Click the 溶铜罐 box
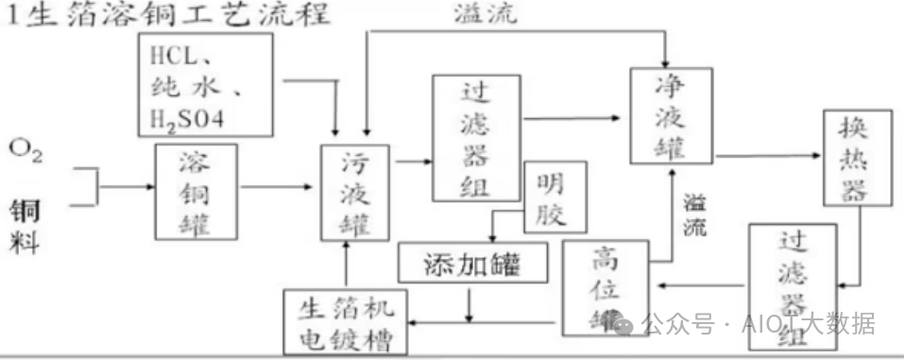(196, 191)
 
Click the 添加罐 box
(473, 264)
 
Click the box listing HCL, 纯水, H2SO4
(203, 81)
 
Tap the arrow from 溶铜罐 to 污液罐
(279, 187)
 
